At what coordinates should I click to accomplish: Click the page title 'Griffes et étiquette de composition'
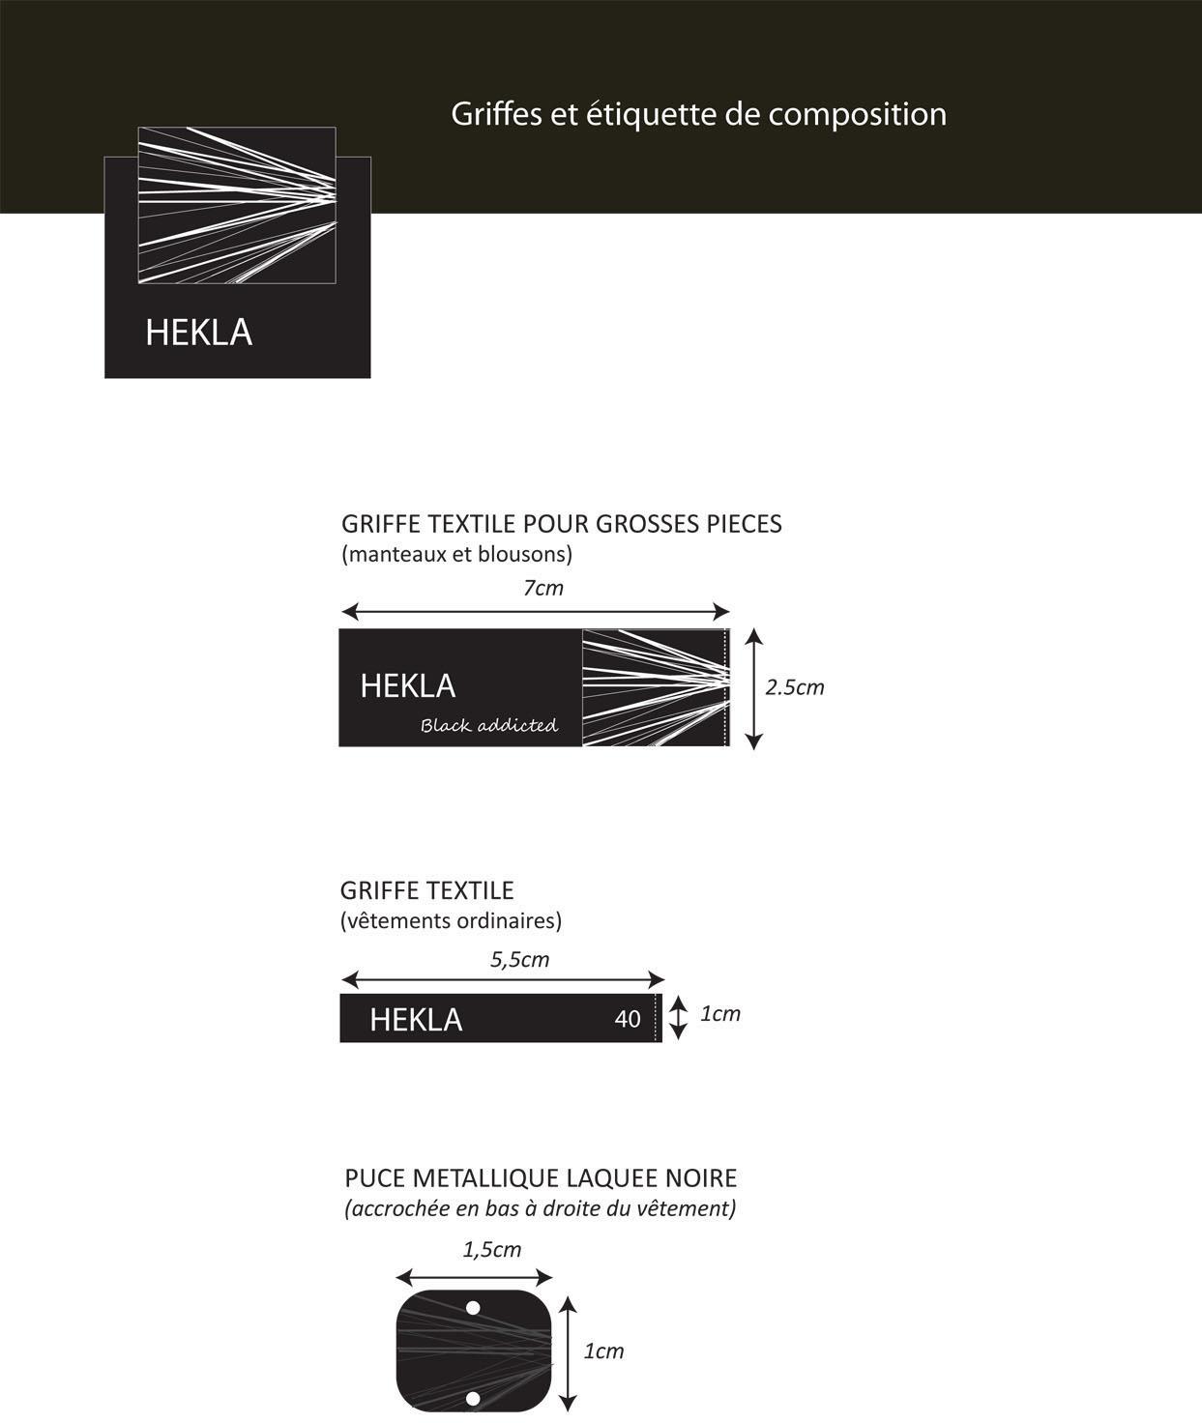(x=698, y=114)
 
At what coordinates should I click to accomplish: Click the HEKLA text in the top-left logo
(x=198, y=333)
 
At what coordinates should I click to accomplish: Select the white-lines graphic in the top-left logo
(x=237, y=205)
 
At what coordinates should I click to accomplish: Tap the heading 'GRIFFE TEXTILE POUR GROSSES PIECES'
(x=561, y=524)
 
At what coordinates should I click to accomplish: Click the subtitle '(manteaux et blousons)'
(x=456, y=555)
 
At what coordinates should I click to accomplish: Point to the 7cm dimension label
(x=542, y=588)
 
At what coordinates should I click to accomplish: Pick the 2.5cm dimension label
(x=794, y=687)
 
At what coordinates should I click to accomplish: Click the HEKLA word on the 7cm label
(x=407, y=686)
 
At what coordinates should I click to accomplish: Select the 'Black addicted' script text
(x=489, y=725)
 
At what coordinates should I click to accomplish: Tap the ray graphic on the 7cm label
(x=655, y=687)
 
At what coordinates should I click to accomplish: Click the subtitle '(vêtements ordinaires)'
(x=451, y=920)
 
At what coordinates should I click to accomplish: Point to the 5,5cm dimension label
(x=519, y=959)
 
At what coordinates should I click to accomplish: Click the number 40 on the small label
(x=628, y=1019)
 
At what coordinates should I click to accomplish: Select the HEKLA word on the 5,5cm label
(x=416, y=1020)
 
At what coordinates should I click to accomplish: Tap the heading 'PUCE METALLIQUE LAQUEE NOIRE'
(x=541, y=1178)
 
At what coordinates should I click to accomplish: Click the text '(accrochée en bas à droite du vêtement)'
(x=541, y=1208)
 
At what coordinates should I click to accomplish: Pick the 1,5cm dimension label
(x=491, y=1249)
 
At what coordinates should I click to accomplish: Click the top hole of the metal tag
(x=473, y=1308)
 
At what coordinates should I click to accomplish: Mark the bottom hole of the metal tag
(x=473, y=1398)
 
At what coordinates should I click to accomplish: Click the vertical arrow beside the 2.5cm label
(x=754, y=687)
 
